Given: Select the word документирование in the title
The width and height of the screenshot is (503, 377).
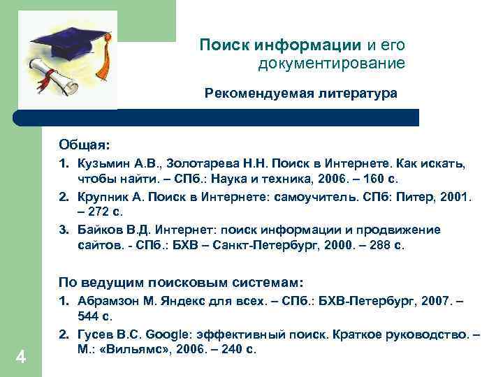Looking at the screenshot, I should click(331, 64).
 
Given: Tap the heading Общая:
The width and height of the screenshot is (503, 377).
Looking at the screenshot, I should click(84, 145).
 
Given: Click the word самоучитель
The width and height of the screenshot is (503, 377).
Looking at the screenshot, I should click(322, 198).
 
